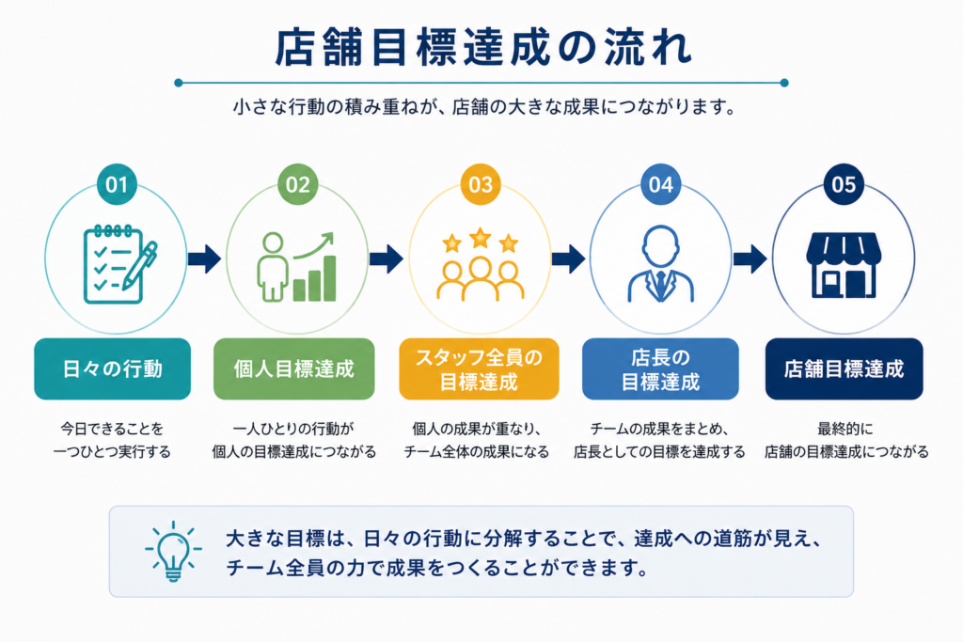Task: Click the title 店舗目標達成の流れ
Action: click(x=483, y=47)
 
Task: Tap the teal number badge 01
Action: click(x=117, y=184)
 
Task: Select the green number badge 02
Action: click(x=298, y=184)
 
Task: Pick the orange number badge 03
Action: click(x=481, y=184)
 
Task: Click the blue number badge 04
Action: click(x=661, y=184)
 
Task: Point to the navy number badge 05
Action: click(x=844, y=184)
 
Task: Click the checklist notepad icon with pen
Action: click(x=120, y=264)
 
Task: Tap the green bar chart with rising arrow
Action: click(x=314, y=268)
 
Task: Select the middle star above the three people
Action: click(x=481, y=238)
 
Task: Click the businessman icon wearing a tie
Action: click(x=661, y=264)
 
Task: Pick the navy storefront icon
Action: click(x=844, y=265)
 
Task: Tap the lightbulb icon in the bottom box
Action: click(x=173, y=551)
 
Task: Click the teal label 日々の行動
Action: click(x=113, y=368)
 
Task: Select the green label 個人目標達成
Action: click(x=294, y=368)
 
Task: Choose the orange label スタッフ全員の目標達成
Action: click(x=479, y=368)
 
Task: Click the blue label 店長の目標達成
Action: click(x=660, y=368)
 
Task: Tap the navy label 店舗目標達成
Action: click(x=844, y=368)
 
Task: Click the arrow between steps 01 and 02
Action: click(x=204, y=258)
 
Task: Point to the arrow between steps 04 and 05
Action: click(x=750, y=258)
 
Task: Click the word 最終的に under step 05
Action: click(x=845, y=429)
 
